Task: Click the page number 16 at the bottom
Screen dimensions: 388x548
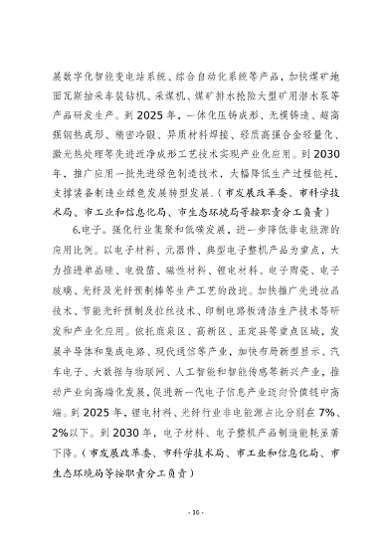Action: pyautogui.click(x=194, y=511)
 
